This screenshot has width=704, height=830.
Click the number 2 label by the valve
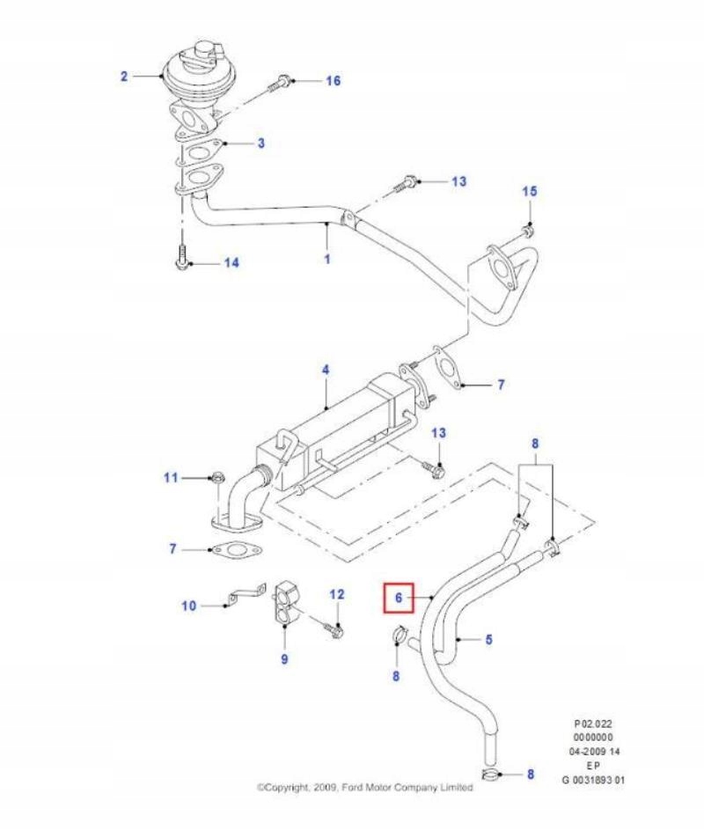(124, 77)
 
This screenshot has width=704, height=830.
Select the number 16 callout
(333, 81)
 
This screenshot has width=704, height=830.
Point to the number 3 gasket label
(260, 143)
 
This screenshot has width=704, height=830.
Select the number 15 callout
(529, 192)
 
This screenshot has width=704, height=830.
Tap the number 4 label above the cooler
(325, 371)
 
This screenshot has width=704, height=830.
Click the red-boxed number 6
(399, 598)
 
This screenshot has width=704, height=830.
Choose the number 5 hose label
(488, 640)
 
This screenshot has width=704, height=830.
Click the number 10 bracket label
(189, 606)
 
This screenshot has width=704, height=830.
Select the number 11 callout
(171, 478)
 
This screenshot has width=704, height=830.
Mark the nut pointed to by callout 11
(215, 479)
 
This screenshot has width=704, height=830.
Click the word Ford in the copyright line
(345, 788)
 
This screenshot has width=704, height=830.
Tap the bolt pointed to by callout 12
(336, 628)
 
